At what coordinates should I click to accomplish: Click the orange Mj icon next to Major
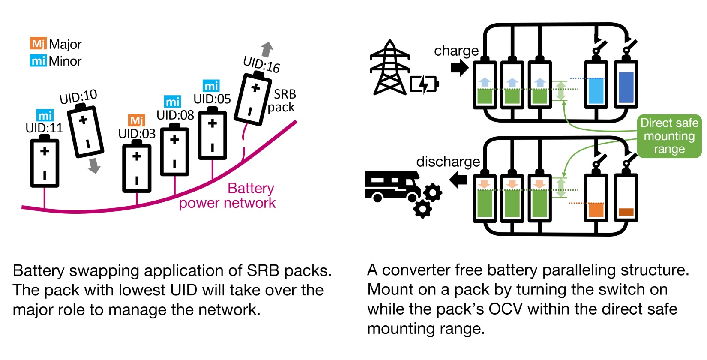tap(38, 44)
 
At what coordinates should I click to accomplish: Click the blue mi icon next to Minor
tap(38, 61)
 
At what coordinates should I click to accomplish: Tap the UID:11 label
tap(44, 128)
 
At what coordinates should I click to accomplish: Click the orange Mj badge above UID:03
tap(137, 120)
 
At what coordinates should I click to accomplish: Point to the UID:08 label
tap(175, 115)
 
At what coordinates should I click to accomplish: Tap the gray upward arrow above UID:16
tap(267, 49)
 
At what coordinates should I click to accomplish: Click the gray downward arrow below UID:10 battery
tap(94, 165)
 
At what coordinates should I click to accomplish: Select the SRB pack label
tap(282, 100)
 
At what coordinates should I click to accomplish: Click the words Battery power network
tap(240, 195)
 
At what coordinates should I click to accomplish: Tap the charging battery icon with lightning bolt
tap(424, 84)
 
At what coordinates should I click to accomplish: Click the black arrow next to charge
tap(459, 68)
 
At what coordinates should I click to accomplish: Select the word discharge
tap(448, 162)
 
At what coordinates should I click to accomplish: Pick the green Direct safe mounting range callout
tap(669, 136)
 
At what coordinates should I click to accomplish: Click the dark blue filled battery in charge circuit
tap(626, 87)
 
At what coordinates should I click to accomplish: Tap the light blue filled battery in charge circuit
tap(596, 90)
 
